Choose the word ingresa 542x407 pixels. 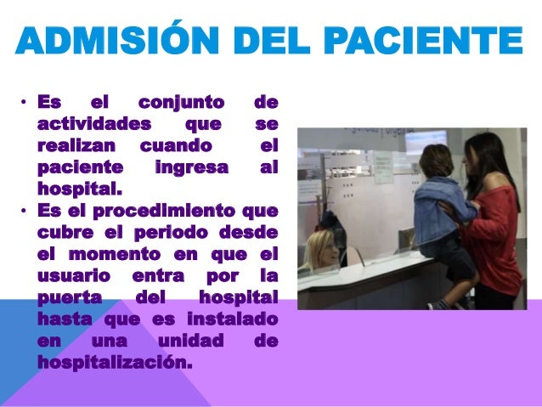coord(192,167)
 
